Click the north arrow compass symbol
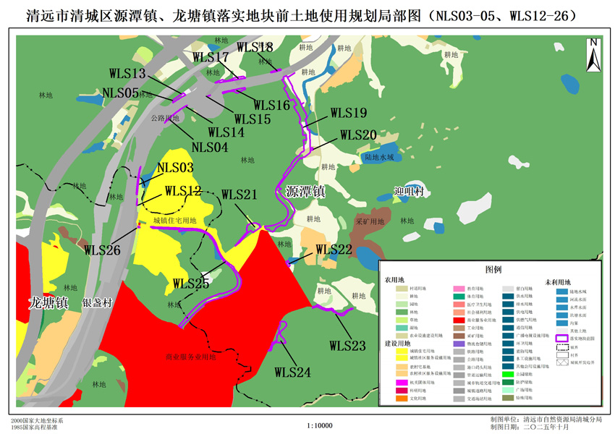[x=593, y=54]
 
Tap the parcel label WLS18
[x=254, y=47]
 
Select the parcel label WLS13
[x=128, y=73]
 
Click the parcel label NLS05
[x=120, y=92]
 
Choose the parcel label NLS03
[x=176, y=168]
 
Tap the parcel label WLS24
[x=292, y=372]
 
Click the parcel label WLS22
[x=334, y=250]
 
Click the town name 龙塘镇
[x=48, y=302]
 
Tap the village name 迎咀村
[x=409, y=192]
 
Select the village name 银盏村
[x=96, y=304]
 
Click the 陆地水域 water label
[x=379, y=156]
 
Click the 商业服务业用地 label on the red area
[x=190, y=357]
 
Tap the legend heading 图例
[x=493, y=269]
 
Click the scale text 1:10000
[x=320, y=426]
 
